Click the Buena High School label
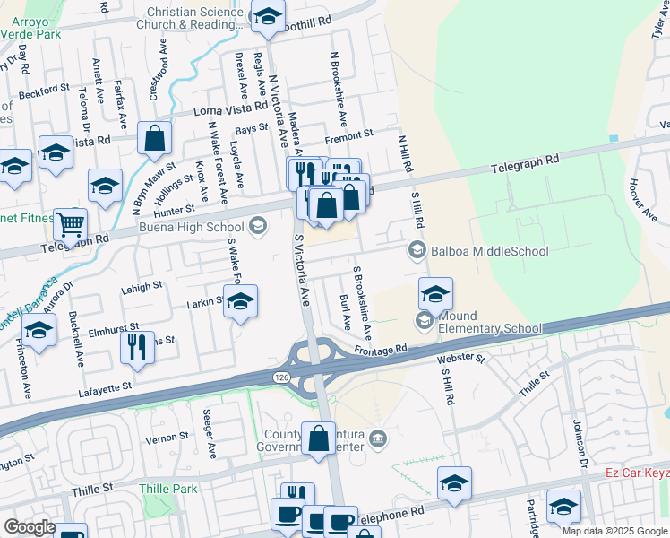pyautogui.click(x=193, y=228)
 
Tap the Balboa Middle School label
pyautogui.click(x=490, y=251)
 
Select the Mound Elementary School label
pyautogui.click(x=489, y=321)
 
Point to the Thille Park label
pyautogui.click(x=168, y=489)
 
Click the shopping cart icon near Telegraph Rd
pyautogui.click(x=70, y=224)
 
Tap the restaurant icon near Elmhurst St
pyautogui.click(x=137, y=347)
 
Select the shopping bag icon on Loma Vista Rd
pyautogui.click(x=155, y=138)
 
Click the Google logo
pyautogui.click(x=30, y=527)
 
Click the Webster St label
pyautogui.click(x=460, y=360)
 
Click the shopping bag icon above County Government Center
pyautogui.click(x=318, y=439)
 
